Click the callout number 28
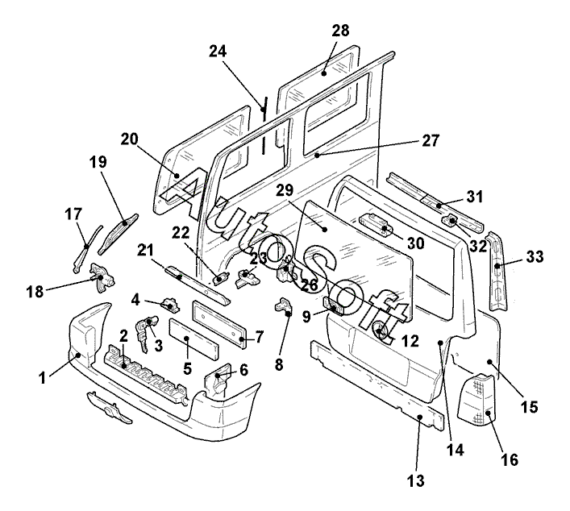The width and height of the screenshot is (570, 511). [340, 31]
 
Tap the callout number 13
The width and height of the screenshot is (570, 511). [416, 481]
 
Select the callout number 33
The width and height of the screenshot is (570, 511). [535, 256]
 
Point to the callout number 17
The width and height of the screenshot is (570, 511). [73, 214]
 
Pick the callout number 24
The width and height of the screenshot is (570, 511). [218, 52]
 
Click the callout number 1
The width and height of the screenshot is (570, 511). [43, 378]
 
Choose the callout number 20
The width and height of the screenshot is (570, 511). [130, 139]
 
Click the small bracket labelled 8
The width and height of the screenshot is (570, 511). [284, 307]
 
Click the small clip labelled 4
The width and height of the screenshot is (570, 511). [170, 305]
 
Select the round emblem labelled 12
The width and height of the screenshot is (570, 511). [380, 330]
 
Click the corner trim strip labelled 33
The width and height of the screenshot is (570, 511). [497, 271]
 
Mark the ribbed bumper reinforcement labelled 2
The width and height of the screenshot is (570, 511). [145, 373]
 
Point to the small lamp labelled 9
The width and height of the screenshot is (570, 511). [333, 305]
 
